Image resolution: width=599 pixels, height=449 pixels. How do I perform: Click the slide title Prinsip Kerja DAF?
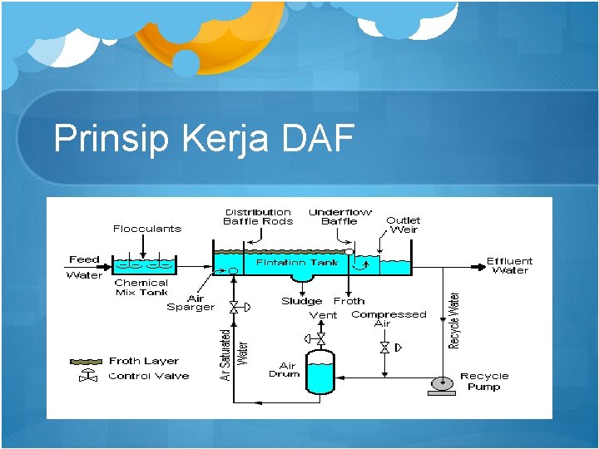click(204, 139)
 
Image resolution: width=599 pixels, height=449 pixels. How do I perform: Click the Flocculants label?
click(147, 229)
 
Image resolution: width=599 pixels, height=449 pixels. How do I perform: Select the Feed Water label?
click(84, 267)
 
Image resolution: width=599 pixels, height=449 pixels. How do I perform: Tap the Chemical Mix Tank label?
click(141, 288)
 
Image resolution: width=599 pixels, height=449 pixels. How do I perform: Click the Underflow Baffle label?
click(339, 217)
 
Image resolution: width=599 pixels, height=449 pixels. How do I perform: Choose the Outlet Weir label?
click(403, 224)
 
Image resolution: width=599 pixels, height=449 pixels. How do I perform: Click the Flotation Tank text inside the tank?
click(297, 263)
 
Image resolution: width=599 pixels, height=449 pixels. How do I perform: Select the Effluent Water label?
click(509, 265)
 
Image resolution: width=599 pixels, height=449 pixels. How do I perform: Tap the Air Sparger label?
click(191, 303)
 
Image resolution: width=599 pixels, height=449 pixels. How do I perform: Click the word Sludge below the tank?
click(301, 301)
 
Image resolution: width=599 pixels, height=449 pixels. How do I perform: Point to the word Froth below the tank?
click(349, 301)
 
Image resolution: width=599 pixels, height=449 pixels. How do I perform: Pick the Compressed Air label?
click(389, 318)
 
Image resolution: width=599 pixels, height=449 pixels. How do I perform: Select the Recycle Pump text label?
click(484, 382)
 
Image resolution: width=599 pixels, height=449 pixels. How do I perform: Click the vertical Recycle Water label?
click(455, 319)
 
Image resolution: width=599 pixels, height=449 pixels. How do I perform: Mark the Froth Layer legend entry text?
click(144, 361)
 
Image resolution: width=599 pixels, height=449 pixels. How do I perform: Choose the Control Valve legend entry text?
click(148, 376)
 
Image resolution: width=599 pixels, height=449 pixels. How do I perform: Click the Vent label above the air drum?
click(324, 315)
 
